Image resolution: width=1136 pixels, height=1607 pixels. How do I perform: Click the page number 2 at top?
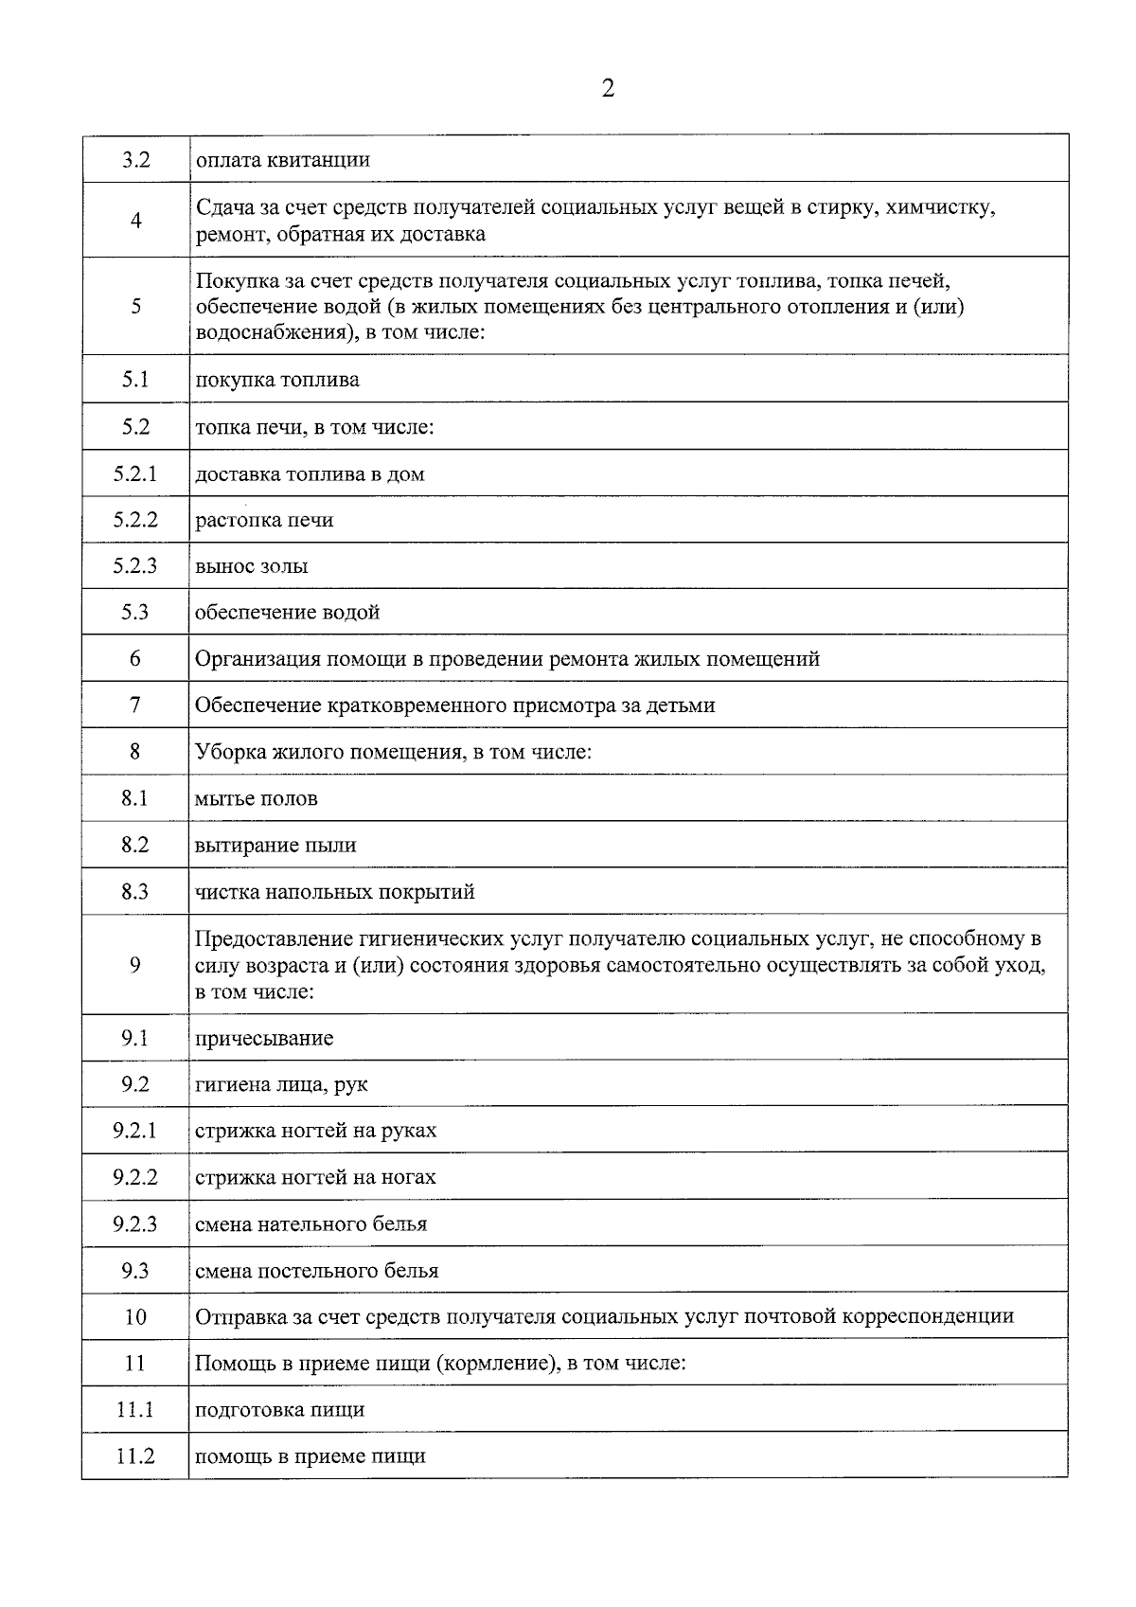point(608,89)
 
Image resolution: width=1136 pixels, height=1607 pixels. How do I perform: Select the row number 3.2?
point(135,159)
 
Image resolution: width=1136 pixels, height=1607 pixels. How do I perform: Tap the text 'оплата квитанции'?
point(282,159)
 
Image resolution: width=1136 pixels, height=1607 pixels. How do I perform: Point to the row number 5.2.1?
point(135,473)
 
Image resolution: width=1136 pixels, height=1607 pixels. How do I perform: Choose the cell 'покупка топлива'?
point(277,380)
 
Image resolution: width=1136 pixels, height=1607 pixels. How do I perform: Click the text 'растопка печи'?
point(264,520)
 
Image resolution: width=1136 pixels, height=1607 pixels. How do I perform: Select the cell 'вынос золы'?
point(251,566)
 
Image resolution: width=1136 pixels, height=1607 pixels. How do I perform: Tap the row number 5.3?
point(135,612)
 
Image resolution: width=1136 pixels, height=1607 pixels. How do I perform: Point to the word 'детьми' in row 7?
point(683,705)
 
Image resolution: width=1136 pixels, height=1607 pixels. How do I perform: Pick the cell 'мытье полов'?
point(257,798)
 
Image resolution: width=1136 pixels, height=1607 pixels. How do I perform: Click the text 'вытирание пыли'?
point(275,845)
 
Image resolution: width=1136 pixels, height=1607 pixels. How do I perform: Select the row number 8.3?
point(135,891)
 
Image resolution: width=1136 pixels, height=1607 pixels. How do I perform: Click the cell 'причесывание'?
point(264,1038)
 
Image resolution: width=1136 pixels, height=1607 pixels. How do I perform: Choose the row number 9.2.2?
point(135,1177)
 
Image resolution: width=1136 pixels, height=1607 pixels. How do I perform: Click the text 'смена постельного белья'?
point(316,1271)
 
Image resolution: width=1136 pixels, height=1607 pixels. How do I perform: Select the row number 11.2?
point(135,1456)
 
